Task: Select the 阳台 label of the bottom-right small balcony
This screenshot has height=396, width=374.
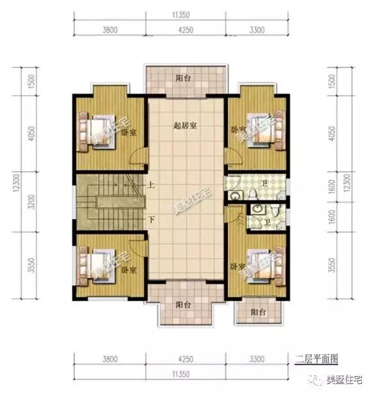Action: coord(258,312)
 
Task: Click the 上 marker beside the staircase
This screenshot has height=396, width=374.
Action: coord(151,185)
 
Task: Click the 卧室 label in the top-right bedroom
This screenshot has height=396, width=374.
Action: coord(238,129)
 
